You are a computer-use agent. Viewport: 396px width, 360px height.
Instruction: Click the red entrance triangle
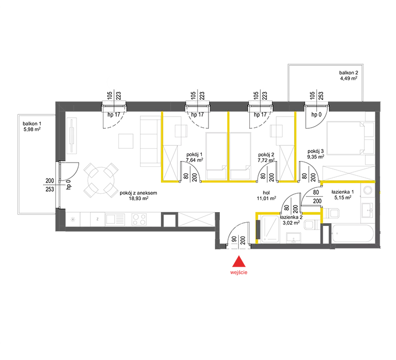(x=239, y=262)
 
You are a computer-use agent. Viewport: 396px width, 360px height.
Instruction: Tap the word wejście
(x=239, y=272)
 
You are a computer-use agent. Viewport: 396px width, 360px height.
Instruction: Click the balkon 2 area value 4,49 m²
(x=348, y=78)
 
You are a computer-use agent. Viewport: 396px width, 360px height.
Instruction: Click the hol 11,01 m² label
(x=266, y=196)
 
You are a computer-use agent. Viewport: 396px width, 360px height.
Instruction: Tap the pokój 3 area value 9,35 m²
(x=316, y=157)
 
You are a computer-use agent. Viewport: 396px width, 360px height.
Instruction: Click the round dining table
(x=101, y=180)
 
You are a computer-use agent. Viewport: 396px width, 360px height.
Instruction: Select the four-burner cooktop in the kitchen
(x=139, y=219)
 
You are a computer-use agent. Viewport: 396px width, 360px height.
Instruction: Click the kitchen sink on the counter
(x=115, y=220)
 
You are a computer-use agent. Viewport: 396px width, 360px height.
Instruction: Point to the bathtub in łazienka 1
(x=353, y=234)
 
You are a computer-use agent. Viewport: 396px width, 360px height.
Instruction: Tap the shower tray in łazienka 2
(x=270, y=229)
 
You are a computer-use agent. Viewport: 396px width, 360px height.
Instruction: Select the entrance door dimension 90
(x=234, y=239)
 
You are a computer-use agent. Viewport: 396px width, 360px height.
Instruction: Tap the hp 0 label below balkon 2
(x=316, y=115)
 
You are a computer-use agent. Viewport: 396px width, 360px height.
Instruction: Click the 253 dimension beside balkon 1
(x=50, y=189)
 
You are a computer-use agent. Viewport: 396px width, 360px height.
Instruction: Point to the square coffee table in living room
(x=126, y=141)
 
